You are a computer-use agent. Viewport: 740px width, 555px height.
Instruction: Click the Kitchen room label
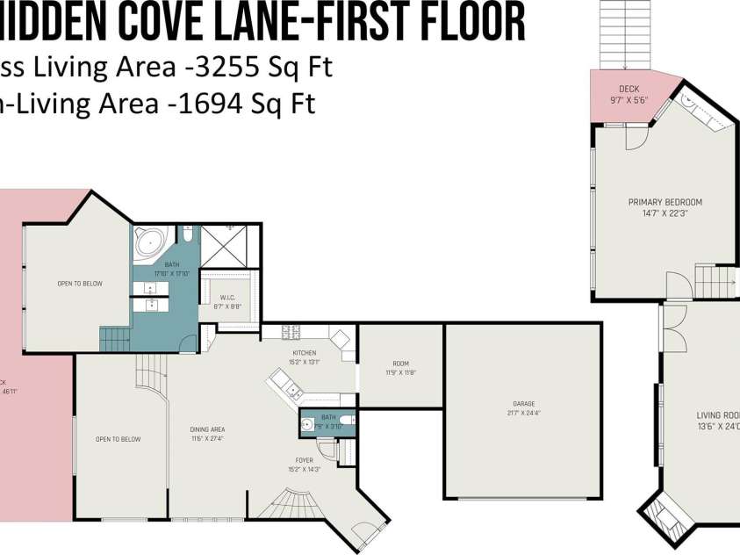tap(305, 352)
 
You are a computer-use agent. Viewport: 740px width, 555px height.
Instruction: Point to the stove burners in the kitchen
tap(291, 331)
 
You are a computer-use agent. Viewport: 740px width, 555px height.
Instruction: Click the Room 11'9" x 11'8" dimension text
tap(400, 371)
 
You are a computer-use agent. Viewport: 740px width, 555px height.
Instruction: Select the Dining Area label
tap(207, 429)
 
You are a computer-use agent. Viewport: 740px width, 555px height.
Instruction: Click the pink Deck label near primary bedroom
tap(629, 90)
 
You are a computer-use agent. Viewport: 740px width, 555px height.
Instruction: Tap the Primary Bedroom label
tap(665, 202)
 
